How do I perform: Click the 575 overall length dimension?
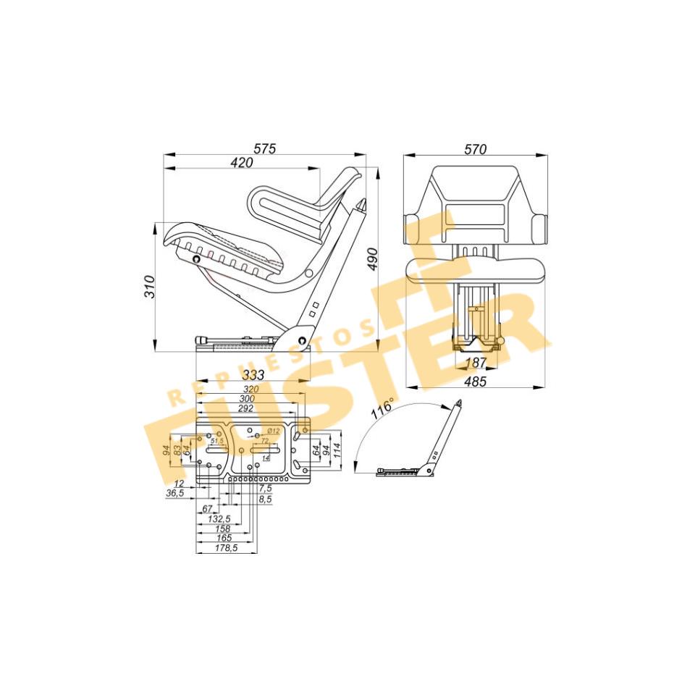pos(265,148)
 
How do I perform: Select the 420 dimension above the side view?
pos(242,163)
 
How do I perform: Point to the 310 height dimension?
pos(149,288)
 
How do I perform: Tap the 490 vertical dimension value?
pos(372,258)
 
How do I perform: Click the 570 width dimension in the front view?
pos(475,149)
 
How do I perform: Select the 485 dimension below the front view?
pos(475,381)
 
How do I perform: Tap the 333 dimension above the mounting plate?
pos(252,375)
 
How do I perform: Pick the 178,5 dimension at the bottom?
pos(226,549)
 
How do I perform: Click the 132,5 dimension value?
pos(219,519)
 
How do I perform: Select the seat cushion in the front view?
pos(475,269)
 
